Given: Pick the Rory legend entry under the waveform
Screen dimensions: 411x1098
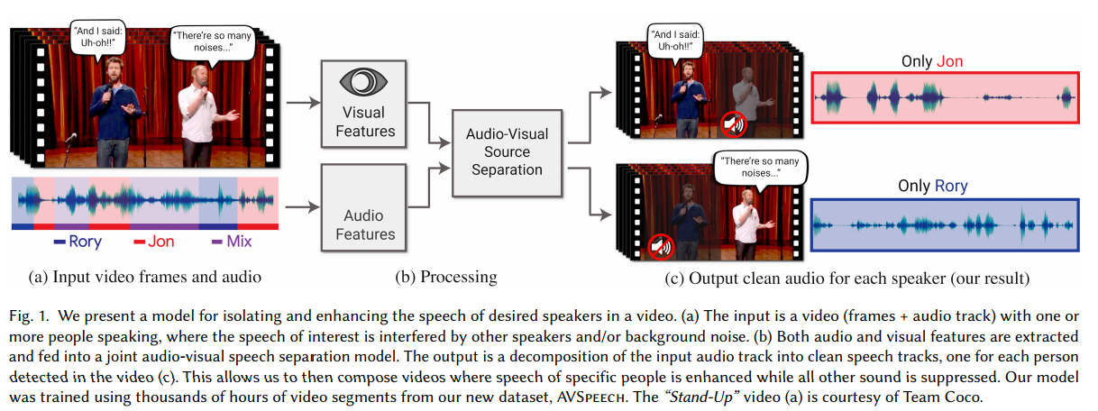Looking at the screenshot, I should click(78, 242).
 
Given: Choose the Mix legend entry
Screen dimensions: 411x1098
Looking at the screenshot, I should click(232, 242).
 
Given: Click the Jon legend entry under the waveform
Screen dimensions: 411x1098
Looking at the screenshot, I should click(153, 242).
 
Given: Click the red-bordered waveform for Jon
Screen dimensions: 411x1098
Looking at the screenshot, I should click(945, 97).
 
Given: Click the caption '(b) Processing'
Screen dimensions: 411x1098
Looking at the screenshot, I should click(445, 277).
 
